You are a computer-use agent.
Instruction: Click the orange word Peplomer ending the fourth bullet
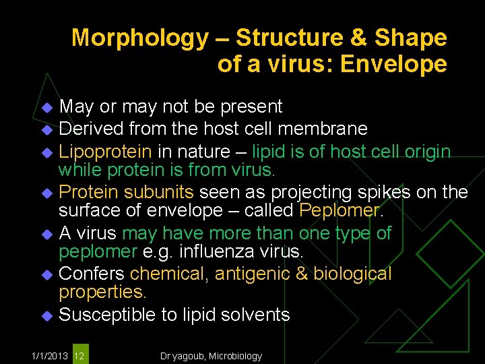339,211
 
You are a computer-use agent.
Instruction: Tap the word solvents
257,315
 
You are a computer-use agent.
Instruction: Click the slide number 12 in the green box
79,355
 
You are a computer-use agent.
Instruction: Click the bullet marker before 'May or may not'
46,107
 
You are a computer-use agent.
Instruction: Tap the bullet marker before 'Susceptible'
46,315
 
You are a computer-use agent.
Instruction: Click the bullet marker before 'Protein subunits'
46,193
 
